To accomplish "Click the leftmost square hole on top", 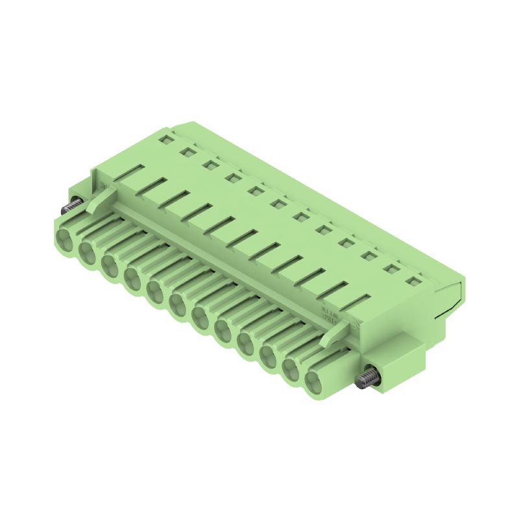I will pos(167,138).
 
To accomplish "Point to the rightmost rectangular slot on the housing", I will pos(355,303).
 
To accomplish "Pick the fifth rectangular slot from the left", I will pos(221,227).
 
